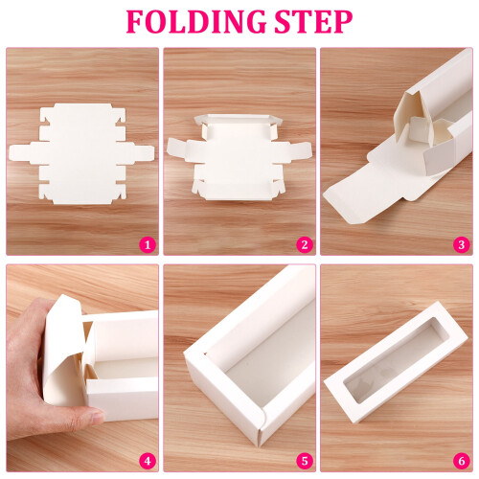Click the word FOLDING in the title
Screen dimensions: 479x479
tap(196, 21)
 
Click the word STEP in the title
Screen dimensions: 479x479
tap(313, 21)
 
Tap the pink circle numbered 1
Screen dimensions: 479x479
tap(148, 245)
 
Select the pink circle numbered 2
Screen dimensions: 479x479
tap(305, 245)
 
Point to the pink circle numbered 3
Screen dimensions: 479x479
tap(462, 245)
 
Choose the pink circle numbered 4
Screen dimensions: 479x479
tap(148, 462)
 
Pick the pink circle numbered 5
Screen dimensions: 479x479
tap(305, 462)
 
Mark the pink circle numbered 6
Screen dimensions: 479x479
tap(462, 462)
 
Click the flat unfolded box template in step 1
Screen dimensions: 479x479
tap(81, 154)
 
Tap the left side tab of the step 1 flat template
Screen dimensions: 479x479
tap(24, 154)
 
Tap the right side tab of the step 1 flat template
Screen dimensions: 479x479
tap(139, 154)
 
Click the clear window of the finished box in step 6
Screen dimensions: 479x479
tap(394, 371)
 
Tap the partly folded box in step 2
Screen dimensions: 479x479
tap(239, 157)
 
